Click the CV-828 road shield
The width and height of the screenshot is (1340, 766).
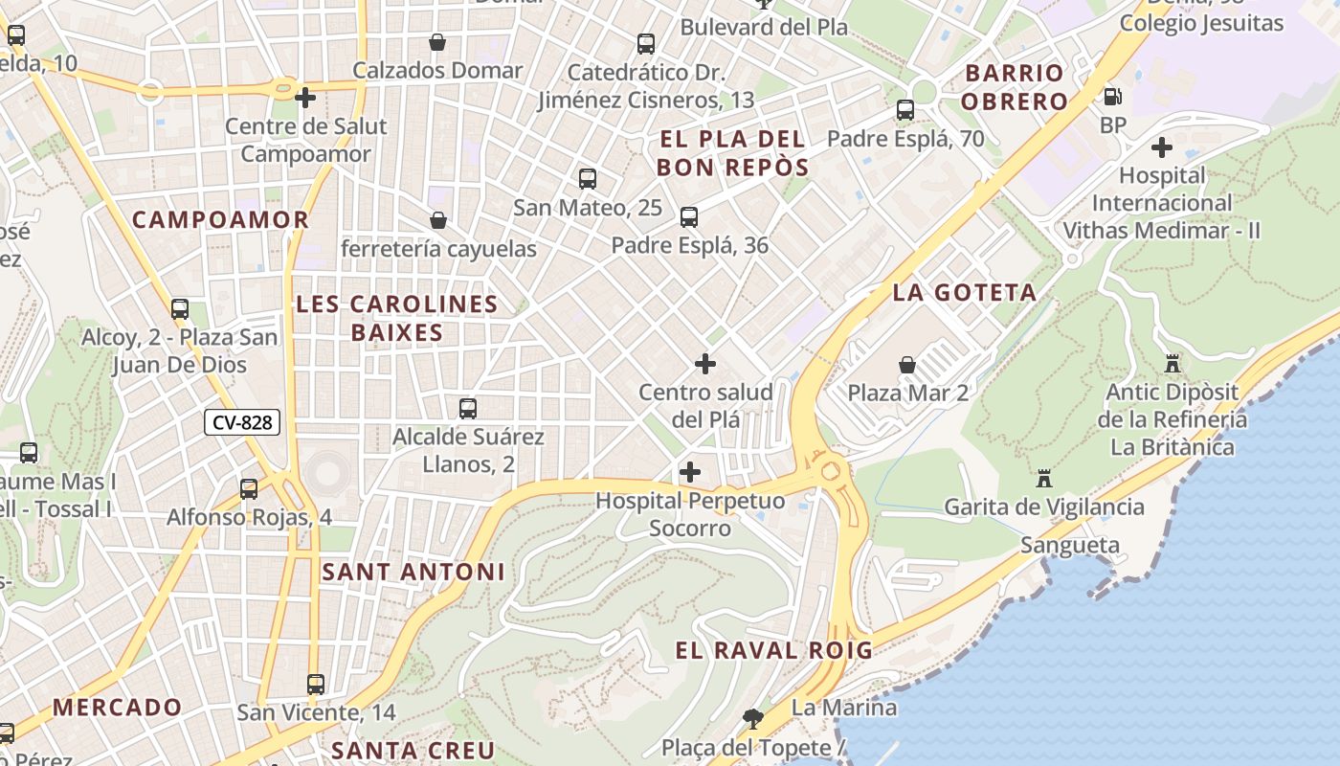241,422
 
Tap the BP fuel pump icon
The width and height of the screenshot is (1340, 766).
1112,97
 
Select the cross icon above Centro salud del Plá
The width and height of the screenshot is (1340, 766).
705,364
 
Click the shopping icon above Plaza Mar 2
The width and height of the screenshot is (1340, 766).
906,365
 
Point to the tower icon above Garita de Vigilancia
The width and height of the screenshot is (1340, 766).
1044,478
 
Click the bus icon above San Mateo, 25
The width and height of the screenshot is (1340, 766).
588,179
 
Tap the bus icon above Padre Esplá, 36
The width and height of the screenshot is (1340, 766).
689,217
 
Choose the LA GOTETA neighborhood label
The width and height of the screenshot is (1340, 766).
965,293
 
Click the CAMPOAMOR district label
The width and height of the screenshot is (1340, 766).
220,220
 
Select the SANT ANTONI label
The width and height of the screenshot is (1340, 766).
413,573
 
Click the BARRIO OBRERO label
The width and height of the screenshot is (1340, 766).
1015,87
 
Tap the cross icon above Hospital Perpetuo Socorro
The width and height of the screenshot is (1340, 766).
689,472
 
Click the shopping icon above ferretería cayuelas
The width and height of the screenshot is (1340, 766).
438,221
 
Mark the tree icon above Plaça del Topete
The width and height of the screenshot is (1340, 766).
753,718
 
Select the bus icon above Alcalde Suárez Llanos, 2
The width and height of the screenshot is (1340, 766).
468,409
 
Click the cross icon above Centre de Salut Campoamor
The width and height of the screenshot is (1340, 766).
305,98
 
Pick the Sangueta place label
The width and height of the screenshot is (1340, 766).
1070,546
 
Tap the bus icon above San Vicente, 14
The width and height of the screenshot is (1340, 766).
316,685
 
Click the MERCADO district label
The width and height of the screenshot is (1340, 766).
117,709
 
